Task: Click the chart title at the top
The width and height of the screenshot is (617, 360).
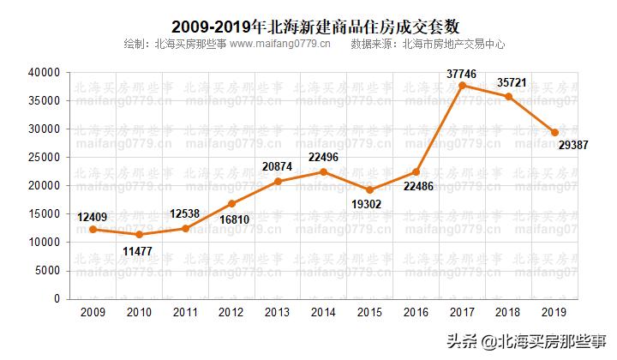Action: (x=308, y=26)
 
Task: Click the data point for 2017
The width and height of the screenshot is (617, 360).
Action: (x=462, y=85)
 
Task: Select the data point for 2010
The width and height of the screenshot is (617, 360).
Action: (x=138, y=234)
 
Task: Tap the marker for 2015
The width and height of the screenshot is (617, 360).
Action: (x=369, y=189)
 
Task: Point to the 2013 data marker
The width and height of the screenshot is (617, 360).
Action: (x=277, y=181)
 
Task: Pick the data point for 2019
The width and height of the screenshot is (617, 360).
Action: (x=554, y=132)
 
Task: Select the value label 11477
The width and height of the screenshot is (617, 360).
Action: (x=138, y=250)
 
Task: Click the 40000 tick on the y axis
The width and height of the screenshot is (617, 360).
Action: (x=44, y=73)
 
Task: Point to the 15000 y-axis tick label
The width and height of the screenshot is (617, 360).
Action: (x=44, y=214)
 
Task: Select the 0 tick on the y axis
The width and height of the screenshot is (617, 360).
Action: (x=57, y=299)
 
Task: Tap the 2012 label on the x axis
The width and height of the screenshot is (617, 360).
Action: (x=231, y=312)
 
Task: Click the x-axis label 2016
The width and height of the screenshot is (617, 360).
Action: (x=416, y=312)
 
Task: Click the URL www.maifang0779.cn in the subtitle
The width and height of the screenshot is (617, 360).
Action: (x=279, y=44)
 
